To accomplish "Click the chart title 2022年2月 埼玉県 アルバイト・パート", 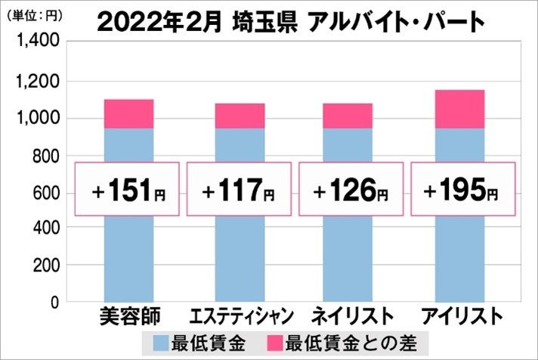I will coord(291,23).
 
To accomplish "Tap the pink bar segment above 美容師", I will coord(128,113).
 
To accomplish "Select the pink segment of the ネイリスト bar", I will coord(348,116).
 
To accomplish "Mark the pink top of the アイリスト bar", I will coord(459,109).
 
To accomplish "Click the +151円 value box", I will coord(128,189).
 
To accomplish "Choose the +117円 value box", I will coord(239,189).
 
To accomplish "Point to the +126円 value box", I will coord(348,189).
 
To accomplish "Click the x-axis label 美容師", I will coord(128,315).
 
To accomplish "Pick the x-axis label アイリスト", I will coord(460,315).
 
